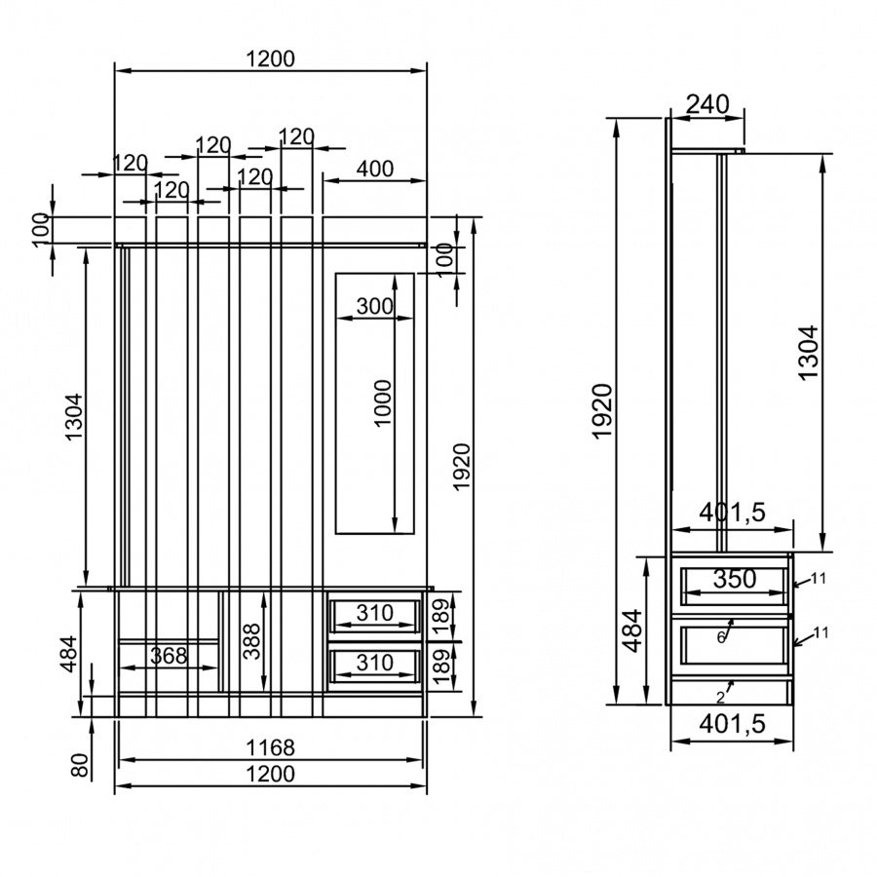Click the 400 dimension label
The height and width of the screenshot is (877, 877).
pos(375,169)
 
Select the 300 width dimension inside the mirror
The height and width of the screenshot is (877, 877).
pos(375,307)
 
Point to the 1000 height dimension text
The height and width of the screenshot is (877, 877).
pos(383,403)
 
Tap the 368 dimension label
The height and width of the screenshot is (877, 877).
pos(169,656)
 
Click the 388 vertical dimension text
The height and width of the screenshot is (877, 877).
pos(252,641)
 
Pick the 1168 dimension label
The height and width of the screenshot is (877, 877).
pos(270,747)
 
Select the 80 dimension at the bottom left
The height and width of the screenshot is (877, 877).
pos(80,765)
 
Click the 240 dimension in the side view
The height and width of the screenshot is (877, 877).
pos(707,104)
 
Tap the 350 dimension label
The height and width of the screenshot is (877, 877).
pos(735,579)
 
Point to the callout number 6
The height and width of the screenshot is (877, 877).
pos(721,637)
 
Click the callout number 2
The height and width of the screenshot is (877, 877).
pos(720,698)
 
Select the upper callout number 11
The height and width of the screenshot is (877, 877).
pos(819,578)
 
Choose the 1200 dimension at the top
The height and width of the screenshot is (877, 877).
pos(270,58)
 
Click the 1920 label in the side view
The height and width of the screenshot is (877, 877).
pos(603,411)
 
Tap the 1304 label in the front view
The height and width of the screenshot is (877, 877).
pos(73,417)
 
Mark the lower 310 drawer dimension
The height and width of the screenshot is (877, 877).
pos(375,663)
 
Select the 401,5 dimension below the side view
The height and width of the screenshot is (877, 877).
pos(732,724)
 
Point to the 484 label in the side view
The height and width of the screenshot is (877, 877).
pos(632,630)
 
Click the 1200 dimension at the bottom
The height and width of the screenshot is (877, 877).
pos(270,774)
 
